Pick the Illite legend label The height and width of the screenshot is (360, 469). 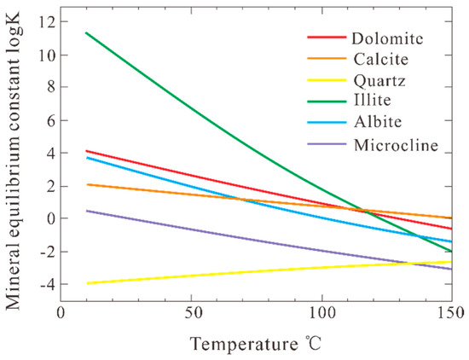[x=369, y=102]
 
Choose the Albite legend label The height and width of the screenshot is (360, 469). [x=374, y=124]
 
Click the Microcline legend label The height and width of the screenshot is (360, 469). [x=394, y=145]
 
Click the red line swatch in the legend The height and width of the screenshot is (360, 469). [x=325, y=38]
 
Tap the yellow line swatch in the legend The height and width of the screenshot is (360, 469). [x=325, y=81]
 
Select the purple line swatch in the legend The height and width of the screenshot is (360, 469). [x=325, y=145]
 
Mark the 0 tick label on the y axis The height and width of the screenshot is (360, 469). [x=48, y=218]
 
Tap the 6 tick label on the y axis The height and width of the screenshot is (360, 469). [x=48, y=120]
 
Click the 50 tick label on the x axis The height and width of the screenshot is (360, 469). [x=191, y=313]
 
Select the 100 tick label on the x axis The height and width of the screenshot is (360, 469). [x=321, y=313]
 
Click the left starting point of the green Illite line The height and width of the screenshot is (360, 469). [x=86, y=32]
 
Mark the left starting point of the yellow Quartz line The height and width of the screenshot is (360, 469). [x=86, y=283]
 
